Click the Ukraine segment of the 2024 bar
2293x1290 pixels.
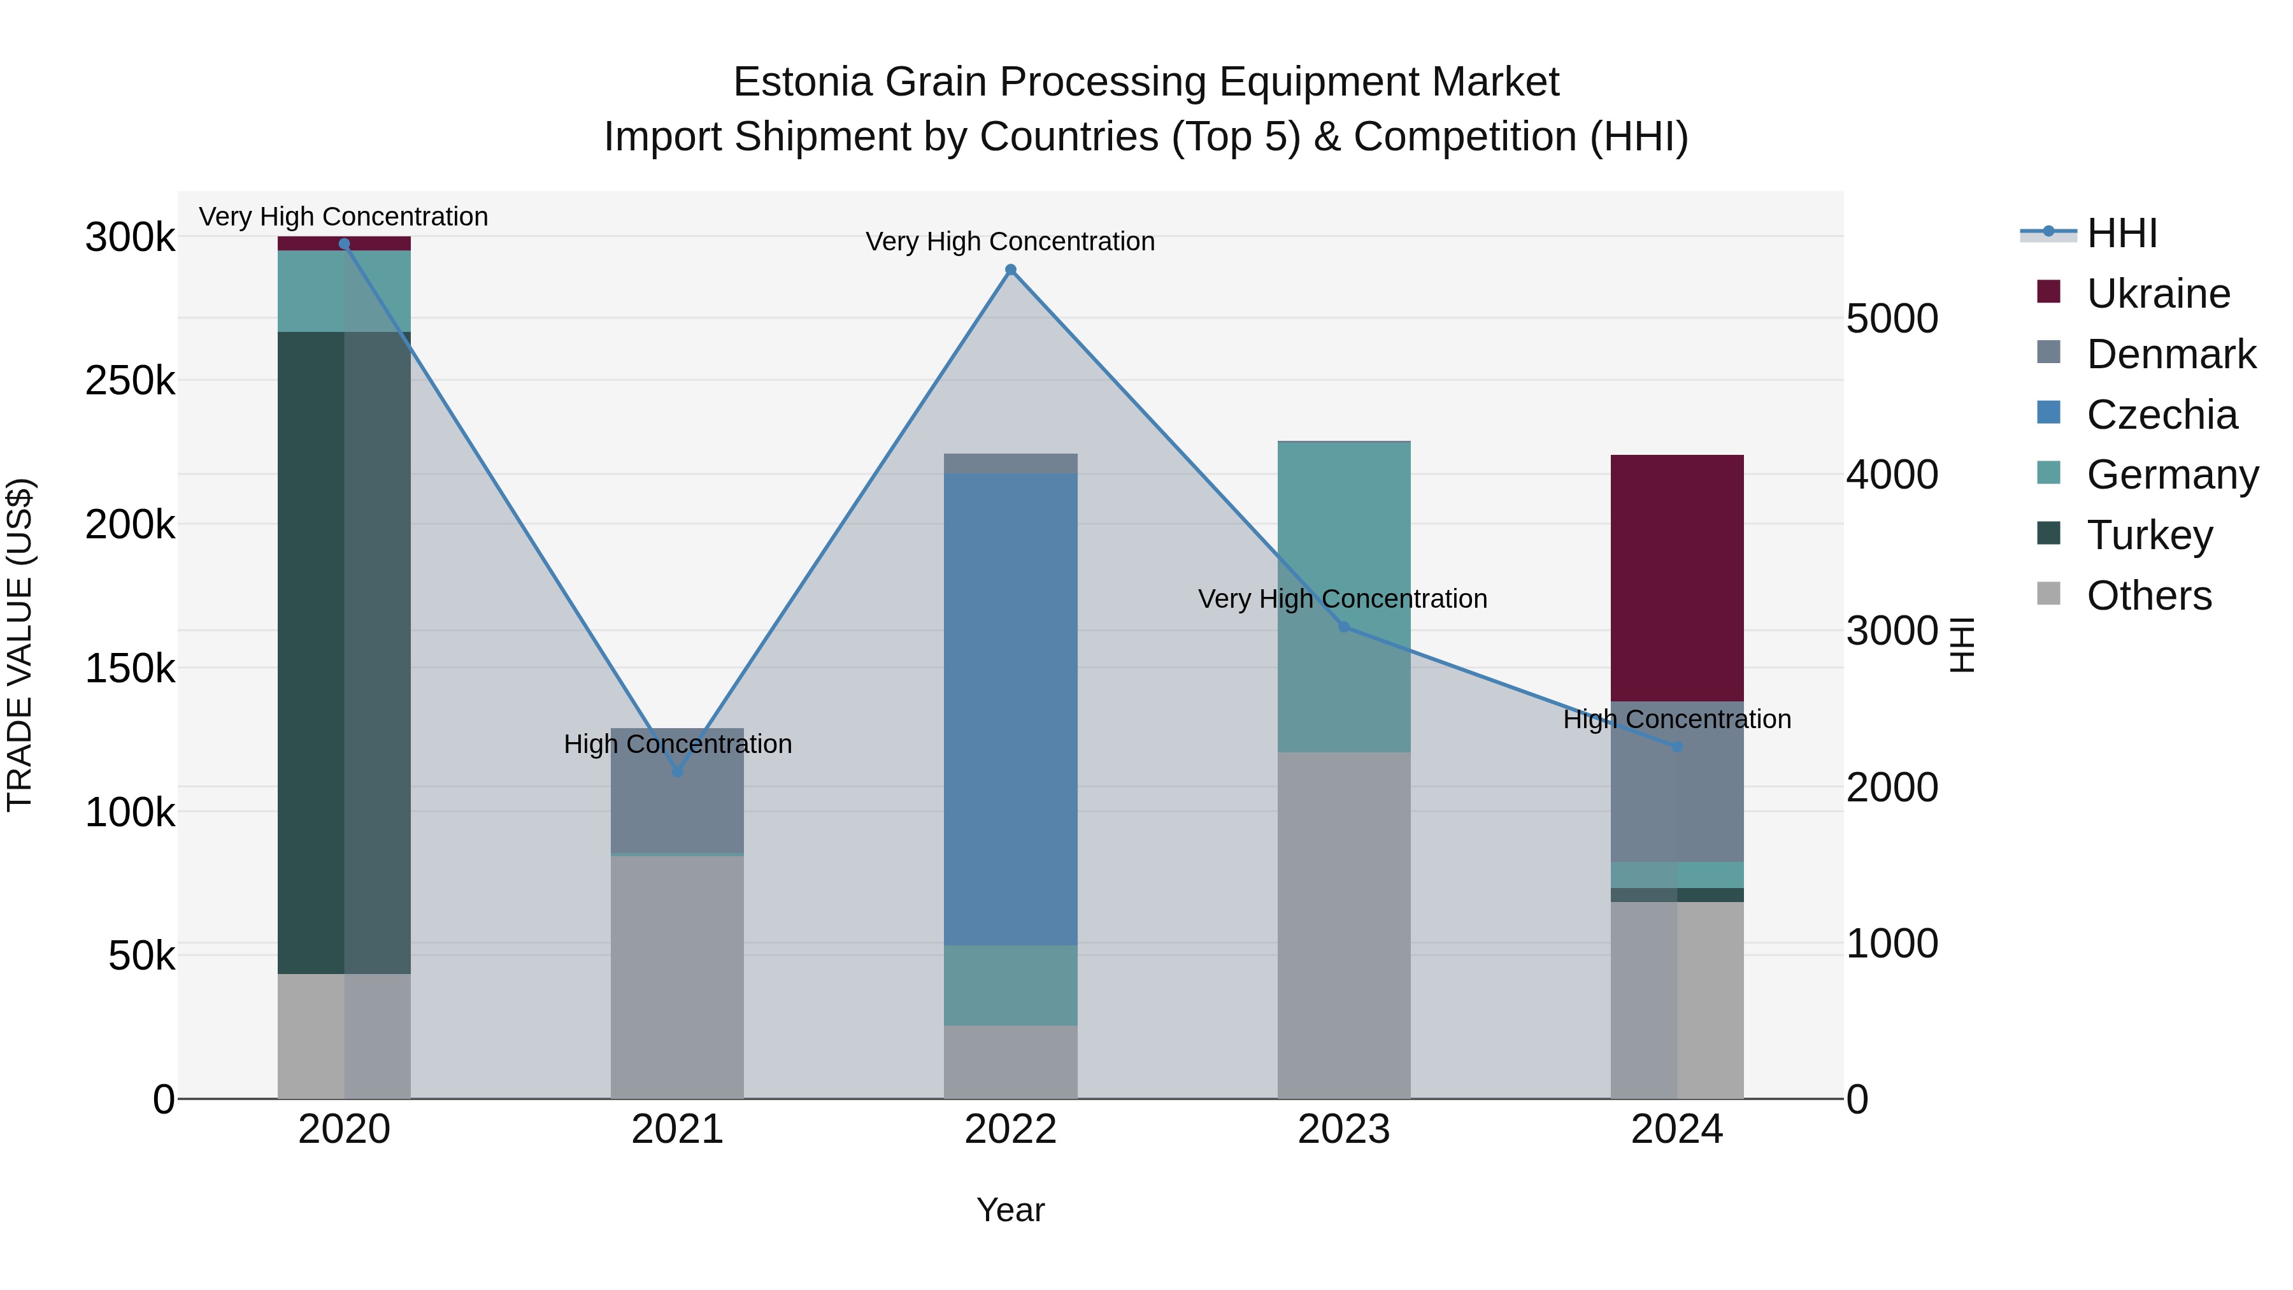(x=1676, y=578)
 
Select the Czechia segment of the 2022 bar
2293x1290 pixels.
(x=1010, y=708)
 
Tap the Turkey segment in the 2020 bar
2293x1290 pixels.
(x=343, y=652)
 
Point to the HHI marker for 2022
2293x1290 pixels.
(x=1010, y=269)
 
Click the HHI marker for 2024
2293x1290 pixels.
(x=1677, y=747)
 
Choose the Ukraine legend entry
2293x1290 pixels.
(x=2158, y=294)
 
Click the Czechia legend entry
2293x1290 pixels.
(x=2161, y=415)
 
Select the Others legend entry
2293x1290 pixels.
(x=2149, y=596)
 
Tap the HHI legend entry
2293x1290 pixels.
(x=2121, y=233)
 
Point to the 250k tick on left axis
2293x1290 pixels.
(x=130, y=381)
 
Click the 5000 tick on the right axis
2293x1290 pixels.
(x=1892, y=319)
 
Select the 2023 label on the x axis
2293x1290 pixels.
(x=1343, y=1129)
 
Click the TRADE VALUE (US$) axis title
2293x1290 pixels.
(x=20, y=645)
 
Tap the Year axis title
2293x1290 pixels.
(x=1010, y=1210)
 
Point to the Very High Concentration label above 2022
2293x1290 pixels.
(x=1010, y=241)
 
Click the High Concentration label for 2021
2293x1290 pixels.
(x=678, y=743)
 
